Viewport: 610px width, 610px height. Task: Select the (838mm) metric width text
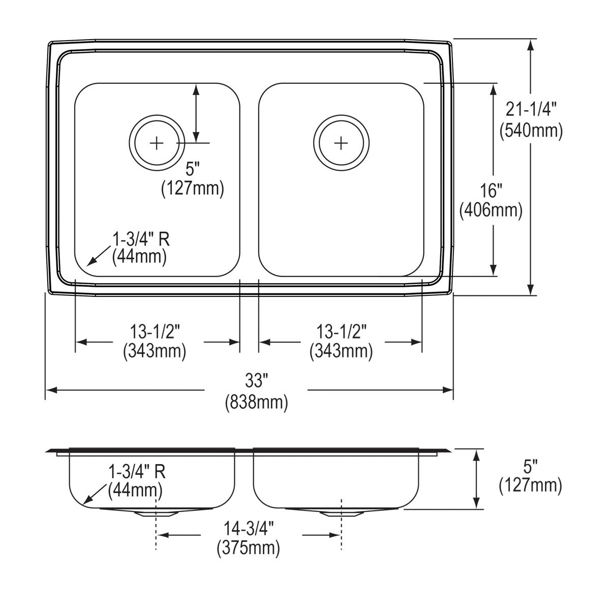click(x=256, y=402)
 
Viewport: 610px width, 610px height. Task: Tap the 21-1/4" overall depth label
click(x=531, y=108)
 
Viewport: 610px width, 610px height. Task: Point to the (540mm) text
click(x=531, y=131)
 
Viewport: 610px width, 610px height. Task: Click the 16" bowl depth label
click(x=491, y=190)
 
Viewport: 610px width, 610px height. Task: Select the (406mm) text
click(x=491, y=210)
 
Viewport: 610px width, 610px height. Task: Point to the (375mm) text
click(x=249, y=548)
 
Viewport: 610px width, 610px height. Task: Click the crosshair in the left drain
click(x=157, y=143)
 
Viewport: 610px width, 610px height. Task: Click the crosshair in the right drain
click(x=341, y=143)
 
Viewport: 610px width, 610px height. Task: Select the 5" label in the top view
click(x=192, y=169)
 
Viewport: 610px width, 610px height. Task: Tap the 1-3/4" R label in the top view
click(x=139, y=237)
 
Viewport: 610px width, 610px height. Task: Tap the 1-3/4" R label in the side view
click(x=137, y=472)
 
